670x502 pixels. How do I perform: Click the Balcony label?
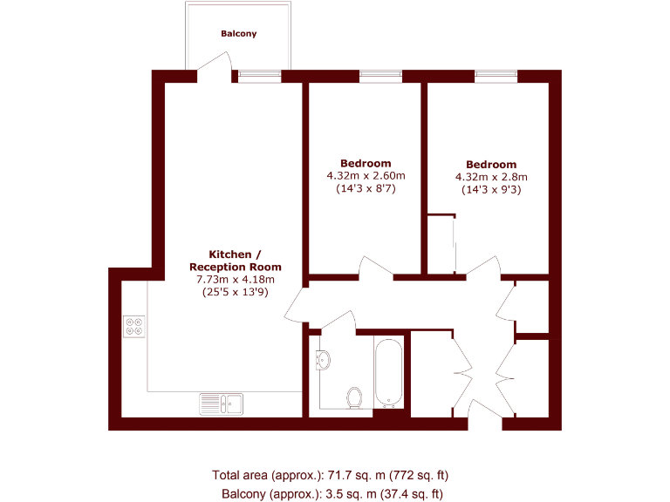pyautogui.click(x=238, y=34)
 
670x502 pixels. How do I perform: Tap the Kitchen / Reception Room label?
pyautogui.click(x=236, y=260)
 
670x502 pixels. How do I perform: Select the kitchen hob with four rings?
pyautogui.click(x=135, y=325)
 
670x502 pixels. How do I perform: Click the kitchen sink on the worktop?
pyautogui.click(x=222, y=403)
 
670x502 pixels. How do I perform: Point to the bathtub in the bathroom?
pyautogui.click(x=388, y=373)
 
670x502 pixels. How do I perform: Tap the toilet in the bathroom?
pyautogui.click(x=354, y=397)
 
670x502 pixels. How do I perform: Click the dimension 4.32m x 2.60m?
pyautogui.click(x=366, y=176)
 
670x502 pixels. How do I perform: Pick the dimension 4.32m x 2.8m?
pyautogui.click(x=491, y=177)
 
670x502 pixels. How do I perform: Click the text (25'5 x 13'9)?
pyautogui.click(x=236, y=293)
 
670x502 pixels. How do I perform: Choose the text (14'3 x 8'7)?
pyautogui.click(x=366, y=189)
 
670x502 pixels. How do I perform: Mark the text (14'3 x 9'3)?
pyautogui.click(x=491, y=190)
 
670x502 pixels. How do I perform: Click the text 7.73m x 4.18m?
pyautogui.click(x=236, y=280)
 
